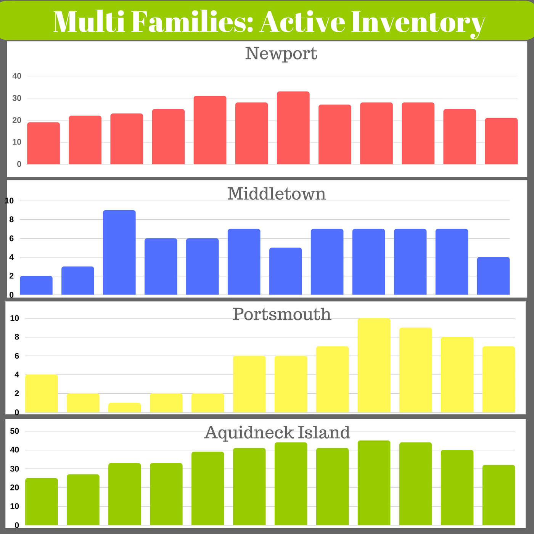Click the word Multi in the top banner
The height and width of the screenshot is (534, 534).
point(89,22)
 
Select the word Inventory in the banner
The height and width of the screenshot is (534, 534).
point(418,24)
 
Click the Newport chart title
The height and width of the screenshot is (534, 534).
point(281,53)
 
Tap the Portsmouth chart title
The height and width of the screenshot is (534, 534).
point(282,315)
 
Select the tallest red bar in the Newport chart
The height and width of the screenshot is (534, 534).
point(293,128)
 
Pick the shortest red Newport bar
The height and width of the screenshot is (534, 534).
point(43,143)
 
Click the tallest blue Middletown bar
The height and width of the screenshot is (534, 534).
point(119,252)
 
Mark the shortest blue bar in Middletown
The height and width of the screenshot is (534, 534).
point(36,285)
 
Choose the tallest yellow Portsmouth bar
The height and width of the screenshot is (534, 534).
point(374,365)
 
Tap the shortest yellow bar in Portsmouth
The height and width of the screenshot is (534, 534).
point(124,407)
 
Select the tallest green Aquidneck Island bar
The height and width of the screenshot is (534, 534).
point(374,483)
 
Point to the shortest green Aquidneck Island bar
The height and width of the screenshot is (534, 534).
point(42,502)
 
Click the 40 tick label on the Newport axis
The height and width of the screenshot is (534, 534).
point(17,76)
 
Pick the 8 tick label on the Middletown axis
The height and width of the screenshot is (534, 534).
point(11,220)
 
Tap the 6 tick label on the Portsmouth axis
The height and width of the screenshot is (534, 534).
point(17,356)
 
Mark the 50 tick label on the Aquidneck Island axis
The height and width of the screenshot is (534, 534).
point(14,431)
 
